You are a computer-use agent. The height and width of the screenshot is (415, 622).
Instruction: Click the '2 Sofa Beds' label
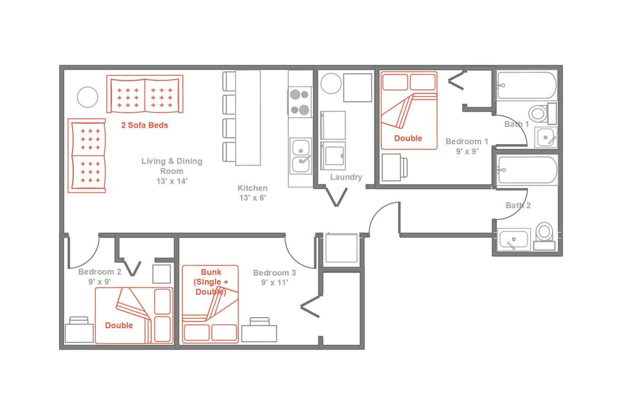pos(144,125)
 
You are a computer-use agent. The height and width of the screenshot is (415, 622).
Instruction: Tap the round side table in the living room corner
pos(87,97)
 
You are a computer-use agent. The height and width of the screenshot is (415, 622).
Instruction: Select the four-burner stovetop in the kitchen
pos(299,102)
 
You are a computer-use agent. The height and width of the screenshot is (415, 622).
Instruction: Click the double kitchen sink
pos(301,155)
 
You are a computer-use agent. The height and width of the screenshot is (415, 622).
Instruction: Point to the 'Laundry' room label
pos(346,177)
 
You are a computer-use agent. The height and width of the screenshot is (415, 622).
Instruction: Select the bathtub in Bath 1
pos(526,86)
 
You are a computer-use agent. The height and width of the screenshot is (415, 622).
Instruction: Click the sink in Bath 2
pos(514,240)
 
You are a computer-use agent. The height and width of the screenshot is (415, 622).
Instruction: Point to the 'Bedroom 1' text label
pos(466,141)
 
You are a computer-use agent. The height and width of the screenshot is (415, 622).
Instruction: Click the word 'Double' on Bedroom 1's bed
pos(408,138)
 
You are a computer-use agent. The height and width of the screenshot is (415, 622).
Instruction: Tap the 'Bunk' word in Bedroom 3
pos(211,272)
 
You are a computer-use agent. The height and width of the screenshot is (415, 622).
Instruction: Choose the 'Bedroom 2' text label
pos(100,272)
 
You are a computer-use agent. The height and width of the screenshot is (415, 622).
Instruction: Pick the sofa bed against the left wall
pos(86,156)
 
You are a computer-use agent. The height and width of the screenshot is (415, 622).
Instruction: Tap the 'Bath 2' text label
pos(518,206)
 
